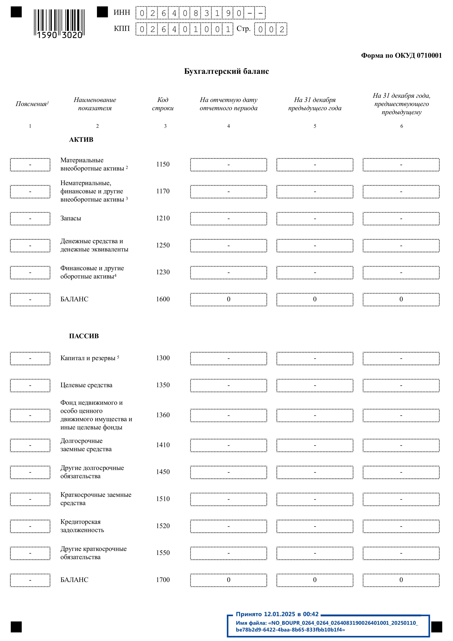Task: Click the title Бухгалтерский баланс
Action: click(x=226, y=71)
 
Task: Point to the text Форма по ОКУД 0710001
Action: click(x=401, y=56)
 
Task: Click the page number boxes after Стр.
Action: click(x=271, y=29)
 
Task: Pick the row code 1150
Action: click(x=163, y=164)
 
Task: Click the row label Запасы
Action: click(x=71, y=218)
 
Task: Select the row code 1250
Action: click(x=163, y=245)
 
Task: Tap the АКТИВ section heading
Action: click(x=81, y=140)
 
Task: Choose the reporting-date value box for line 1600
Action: click(x=228, y=299)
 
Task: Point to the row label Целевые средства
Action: click(x=87, y=385)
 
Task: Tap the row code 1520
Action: click(x=163, y=526)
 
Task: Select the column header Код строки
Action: click(x=163, y=104)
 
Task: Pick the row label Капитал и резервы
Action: click(x=88, y=358)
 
